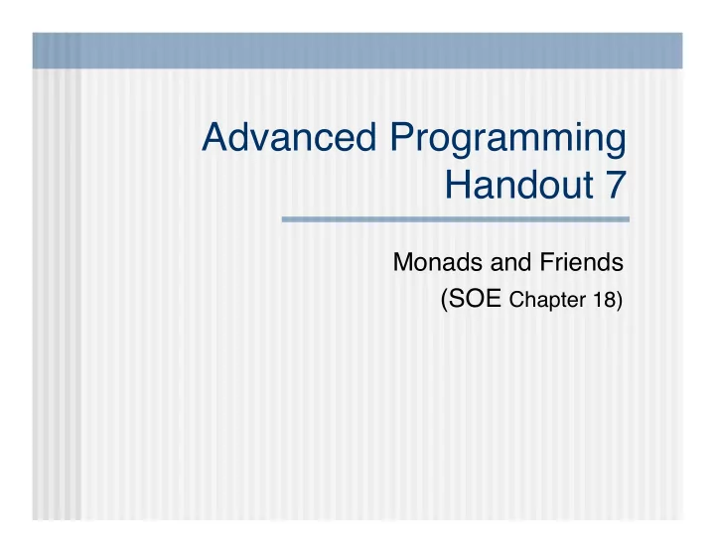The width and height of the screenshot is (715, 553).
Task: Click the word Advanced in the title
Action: click(289, 136)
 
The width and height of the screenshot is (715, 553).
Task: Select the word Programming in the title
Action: click(508, 140)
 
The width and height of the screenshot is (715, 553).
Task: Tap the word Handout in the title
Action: click(519, 185)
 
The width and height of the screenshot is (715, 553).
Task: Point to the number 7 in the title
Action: click(616, 185)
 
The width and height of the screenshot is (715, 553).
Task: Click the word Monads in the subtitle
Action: click(438, 262)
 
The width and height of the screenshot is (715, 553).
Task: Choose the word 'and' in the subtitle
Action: click(510, 262)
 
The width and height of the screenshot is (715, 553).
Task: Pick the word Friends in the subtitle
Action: click(581, 262)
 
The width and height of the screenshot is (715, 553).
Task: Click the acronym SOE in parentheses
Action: click(475, 299)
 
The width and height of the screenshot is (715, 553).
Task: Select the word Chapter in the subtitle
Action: click(547, 301)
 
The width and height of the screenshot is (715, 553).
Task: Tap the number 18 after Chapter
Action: click(604, 300)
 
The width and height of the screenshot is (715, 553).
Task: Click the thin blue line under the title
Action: click(456, 219)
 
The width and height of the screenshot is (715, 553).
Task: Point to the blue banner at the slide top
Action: click(357, 51)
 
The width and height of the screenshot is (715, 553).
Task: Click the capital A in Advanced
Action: click(215, 137)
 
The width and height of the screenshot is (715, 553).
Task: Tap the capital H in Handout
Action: click(458, 185)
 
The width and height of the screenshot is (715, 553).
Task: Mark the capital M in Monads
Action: click(403, 262)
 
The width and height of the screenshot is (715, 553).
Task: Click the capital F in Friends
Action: click(547, 262)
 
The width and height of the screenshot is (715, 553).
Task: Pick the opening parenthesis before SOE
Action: click(444, 300)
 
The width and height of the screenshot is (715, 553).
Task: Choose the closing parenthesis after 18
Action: click(620, 301)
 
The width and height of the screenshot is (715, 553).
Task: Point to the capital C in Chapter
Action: click(515, 300)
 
